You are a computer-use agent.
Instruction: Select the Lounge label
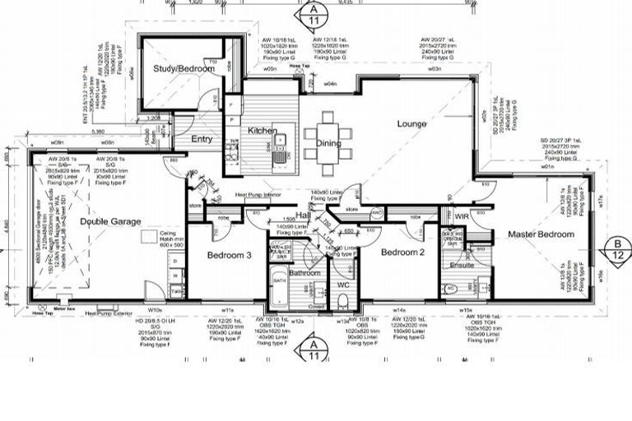pos(411,124)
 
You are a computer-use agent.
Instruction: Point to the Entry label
pos(202,140)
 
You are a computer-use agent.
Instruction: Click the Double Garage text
pos(110,221)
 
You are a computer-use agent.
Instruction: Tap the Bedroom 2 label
pos(402,252)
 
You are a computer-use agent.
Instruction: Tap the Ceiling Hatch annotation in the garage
pos(171,238)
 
